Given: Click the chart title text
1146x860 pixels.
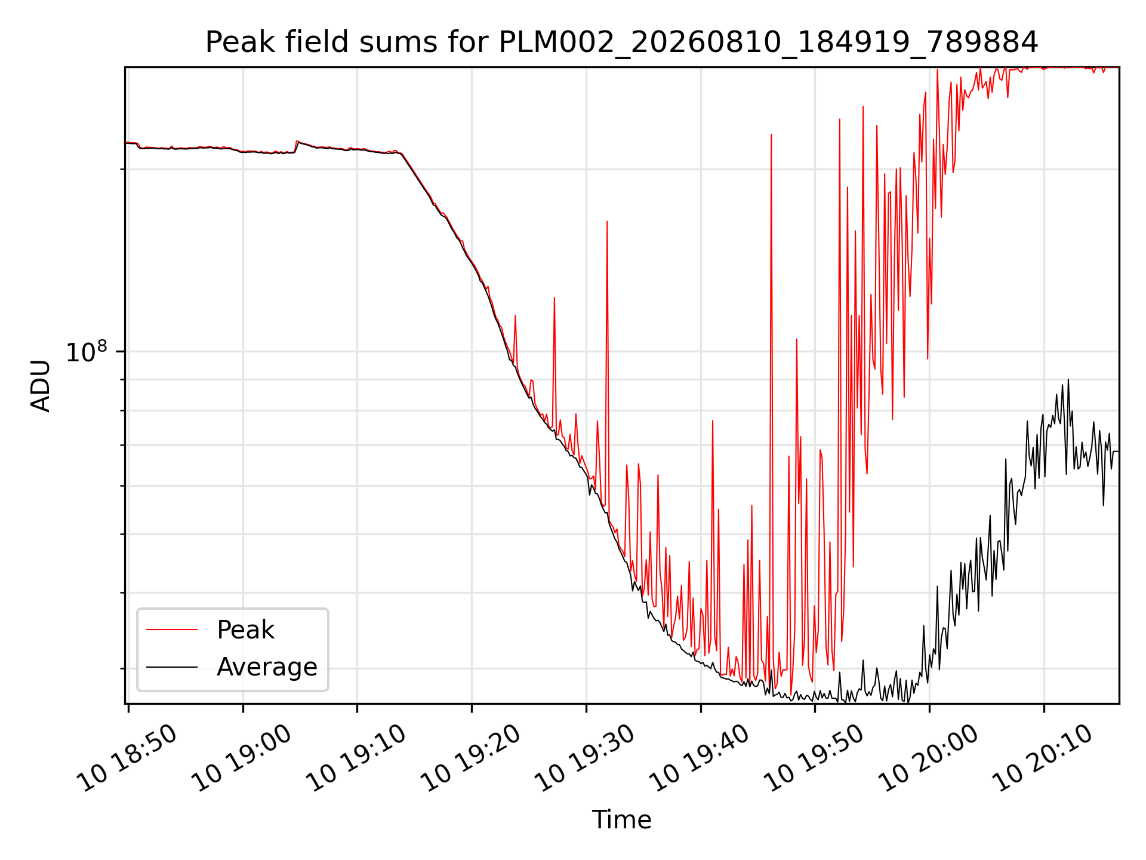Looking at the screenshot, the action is click(x=621, y=42).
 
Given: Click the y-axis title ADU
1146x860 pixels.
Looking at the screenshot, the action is click(x=41, y=386).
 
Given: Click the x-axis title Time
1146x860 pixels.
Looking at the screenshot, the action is click(x=621, y=819).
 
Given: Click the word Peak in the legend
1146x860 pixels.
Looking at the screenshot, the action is click(x=245, y=630).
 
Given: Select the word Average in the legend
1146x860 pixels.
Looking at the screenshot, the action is click(x=267, y=667).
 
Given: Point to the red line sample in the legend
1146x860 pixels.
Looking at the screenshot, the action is click(x=172, y=629).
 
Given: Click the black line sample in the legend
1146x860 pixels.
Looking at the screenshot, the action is click(x=172, y=666).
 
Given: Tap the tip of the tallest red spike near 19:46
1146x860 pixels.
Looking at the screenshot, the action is click(x=771, y=134).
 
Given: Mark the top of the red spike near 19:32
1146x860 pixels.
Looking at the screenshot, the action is click(x=607, y=221).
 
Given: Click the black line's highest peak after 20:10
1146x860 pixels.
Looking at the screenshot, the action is click(x=1068, y=379).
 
